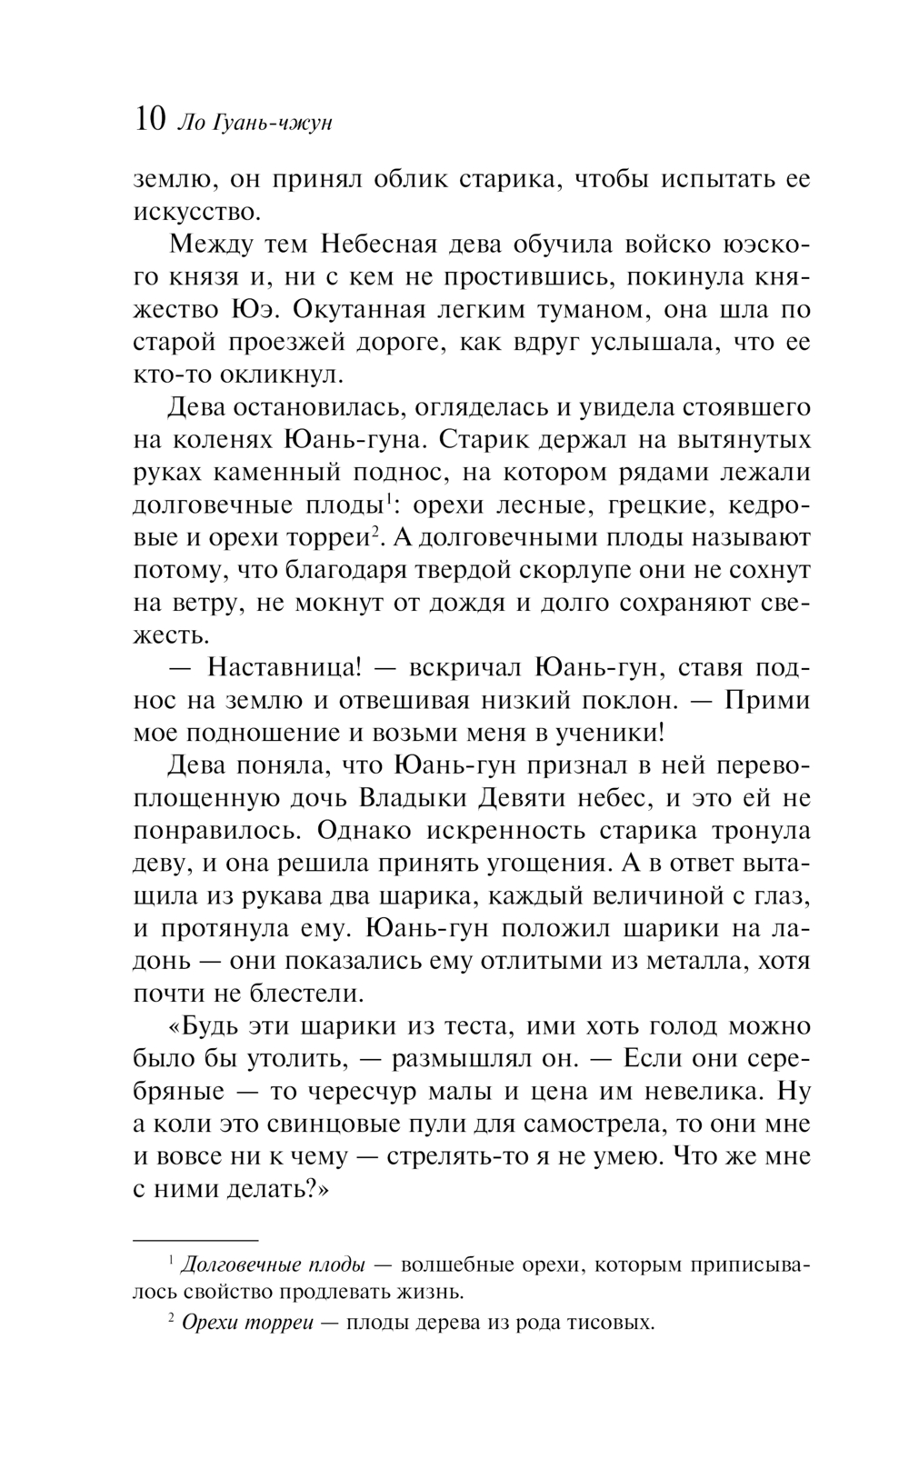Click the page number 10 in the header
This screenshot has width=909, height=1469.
(149, 120)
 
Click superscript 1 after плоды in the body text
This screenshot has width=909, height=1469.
(387, 498)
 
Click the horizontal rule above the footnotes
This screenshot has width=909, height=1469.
(196, 1240)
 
